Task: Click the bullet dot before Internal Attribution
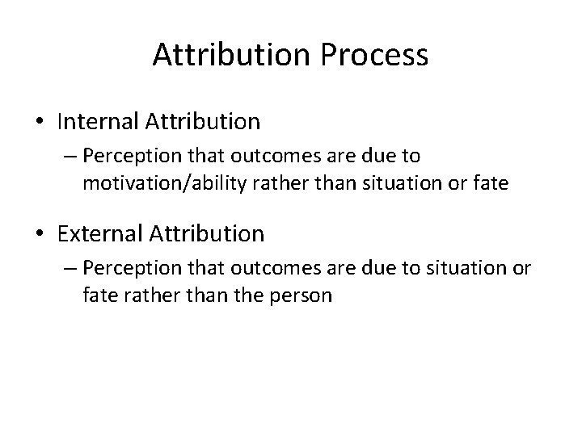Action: tap(40, 123)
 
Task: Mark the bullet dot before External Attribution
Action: tap(40, 235)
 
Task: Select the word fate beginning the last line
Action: tap(97, 295)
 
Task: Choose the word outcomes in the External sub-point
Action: tap(254, 267)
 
